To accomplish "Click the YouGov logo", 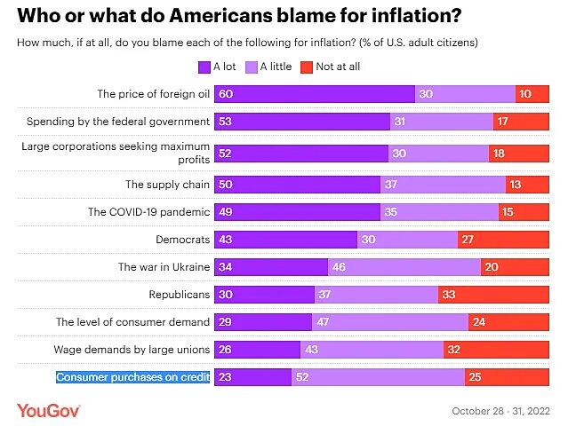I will click(x=49, y=410).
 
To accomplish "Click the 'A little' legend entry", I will click(x=270, y=66).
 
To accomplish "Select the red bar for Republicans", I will click(x=493, y=294).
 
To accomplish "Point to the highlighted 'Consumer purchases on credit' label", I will click(x=133, y=377).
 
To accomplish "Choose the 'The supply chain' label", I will click(x=167, y=185).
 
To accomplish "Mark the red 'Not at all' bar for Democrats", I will click(x=503, y=240).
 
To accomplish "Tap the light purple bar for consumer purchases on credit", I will click(x=378, y=377).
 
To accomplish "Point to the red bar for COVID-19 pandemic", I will click(x=524, y=212).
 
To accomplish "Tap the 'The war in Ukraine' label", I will click(x=164, y=266).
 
